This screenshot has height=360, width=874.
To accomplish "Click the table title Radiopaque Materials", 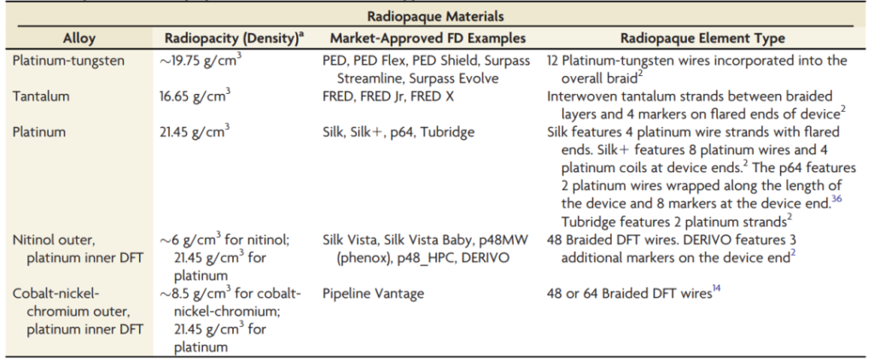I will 435,16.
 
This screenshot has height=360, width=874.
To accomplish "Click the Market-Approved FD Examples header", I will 428,38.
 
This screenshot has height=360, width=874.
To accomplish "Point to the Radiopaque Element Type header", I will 702,38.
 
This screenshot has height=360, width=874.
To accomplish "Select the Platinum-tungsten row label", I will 69,61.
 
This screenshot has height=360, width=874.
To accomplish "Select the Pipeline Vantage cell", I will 372,294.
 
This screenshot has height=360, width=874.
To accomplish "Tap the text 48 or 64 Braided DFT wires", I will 629,295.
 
